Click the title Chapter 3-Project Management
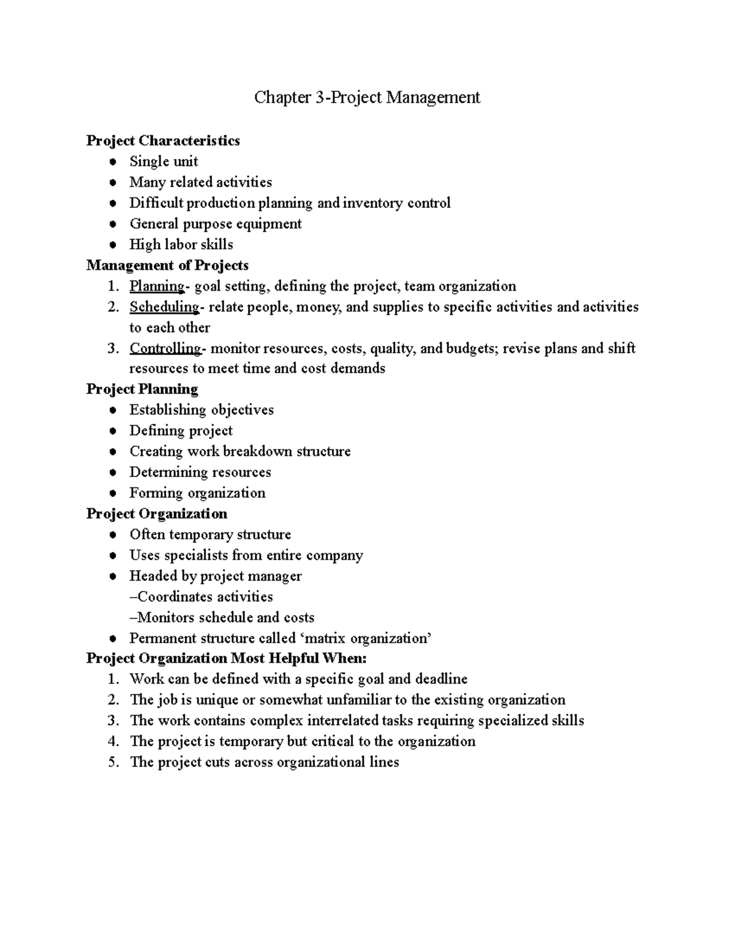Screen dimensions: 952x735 point(367,97)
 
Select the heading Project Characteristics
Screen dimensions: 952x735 point(163,141)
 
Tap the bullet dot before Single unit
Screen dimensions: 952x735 point(112,162)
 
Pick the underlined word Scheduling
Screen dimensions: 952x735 point(164,307)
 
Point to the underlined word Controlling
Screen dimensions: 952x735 point(165,349)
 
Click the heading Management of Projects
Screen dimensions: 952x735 point(167,265)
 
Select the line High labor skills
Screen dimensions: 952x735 point(181,245)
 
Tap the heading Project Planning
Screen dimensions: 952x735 point(142,389)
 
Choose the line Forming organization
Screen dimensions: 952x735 point(197,493)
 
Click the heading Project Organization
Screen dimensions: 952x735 point(157,514)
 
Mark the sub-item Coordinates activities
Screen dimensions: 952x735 point(201,597)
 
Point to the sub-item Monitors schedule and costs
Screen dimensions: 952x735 point(222,618)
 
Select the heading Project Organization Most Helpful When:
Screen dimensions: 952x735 point(226,659)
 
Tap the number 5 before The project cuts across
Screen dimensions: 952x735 point(112,763)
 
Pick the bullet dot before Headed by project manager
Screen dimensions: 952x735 point(112,577)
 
